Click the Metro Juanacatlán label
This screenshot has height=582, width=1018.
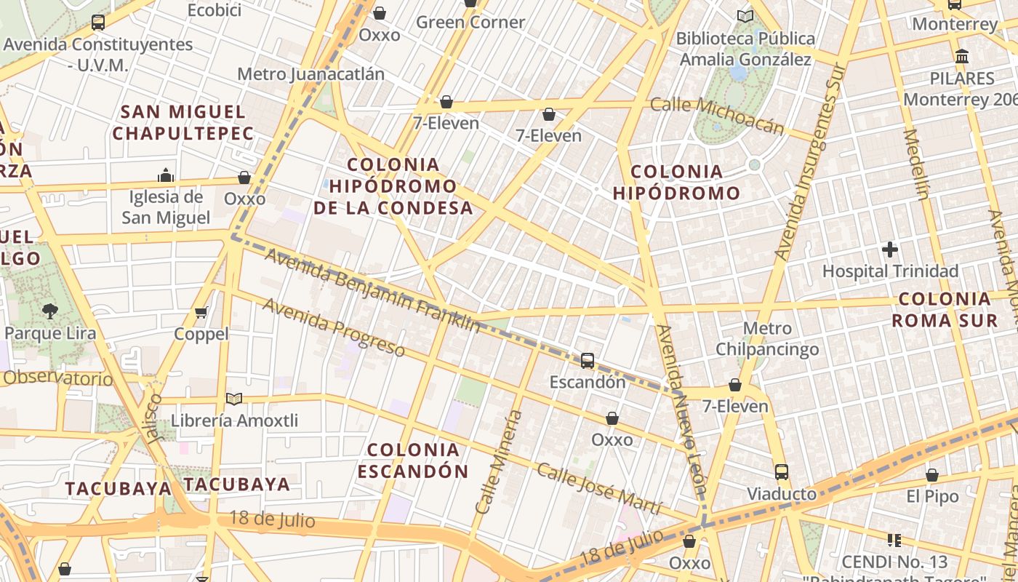click(310, 74)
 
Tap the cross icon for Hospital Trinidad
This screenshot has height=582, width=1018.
click(890, 250)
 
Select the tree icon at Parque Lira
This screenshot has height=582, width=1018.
click(49, 311)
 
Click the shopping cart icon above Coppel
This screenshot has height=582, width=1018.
click(201, 312)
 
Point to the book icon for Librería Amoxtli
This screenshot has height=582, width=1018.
click(233, 399)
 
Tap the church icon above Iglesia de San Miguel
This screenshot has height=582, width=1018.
click(166, 175)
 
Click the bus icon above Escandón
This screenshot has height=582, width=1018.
click(587, 360)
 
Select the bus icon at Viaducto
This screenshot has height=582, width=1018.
click(782, 472)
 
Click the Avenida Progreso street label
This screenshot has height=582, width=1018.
click(333, 327)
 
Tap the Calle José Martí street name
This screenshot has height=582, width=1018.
click(599, 489)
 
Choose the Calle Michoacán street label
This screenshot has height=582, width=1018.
click(717, 116)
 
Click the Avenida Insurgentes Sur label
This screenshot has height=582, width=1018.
click(809, 162)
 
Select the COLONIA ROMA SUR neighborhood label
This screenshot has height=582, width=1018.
click(945, 309)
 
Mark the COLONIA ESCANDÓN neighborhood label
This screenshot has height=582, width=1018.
click(413, 460)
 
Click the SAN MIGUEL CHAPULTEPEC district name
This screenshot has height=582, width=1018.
click(183, 122)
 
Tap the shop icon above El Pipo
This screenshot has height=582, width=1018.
click(932, 475)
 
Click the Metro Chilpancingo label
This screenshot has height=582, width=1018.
click(767, 339)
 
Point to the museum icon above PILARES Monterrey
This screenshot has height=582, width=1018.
click(962, 56)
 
